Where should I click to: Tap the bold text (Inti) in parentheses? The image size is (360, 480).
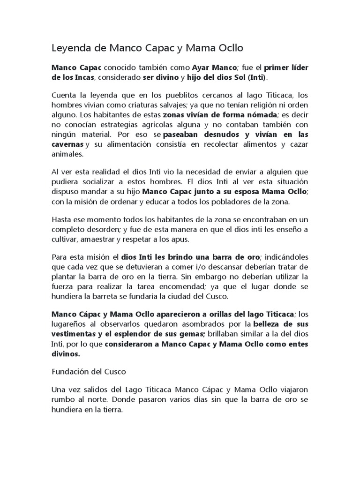[x=255, y=77]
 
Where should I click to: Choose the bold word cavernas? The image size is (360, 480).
[x=67, y=144]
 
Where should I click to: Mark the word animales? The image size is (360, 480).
[x=67, y=153]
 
